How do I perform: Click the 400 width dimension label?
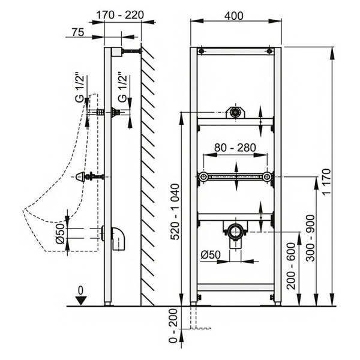click(x=234, y=16)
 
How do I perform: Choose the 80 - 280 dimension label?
click(x=235, y=148)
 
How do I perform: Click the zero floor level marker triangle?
click(x=82, y=299)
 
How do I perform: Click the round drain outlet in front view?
click(x=235, y=230)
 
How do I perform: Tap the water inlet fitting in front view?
click(x=235, y=112)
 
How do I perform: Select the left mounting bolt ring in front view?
click(x=205, y=177)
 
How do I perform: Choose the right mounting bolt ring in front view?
click(x=266, y=177)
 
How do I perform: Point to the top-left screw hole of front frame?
click(x=203, y=50)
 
